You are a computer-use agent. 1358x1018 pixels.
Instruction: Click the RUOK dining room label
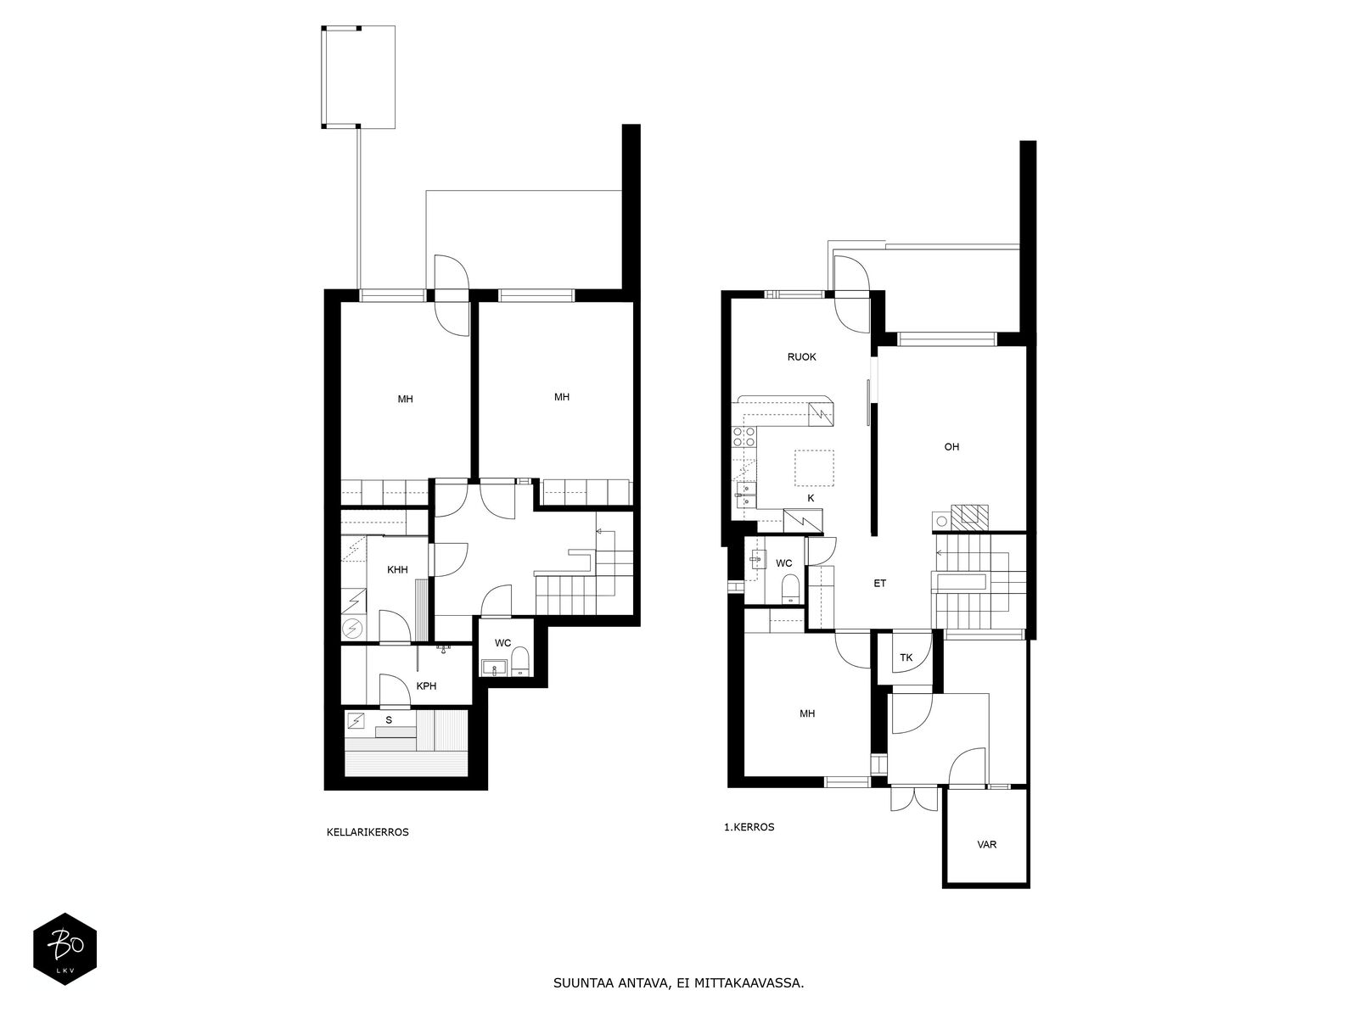coord(801,356)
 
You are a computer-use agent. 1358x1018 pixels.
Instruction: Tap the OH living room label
coord(951,447)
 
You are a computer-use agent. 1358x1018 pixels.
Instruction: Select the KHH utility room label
coord(397,570)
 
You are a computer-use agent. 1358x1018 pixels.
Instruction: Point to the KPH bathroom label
coord(426,686)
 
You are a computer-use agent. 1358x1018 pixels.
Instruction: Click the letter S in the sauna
coord(389,720)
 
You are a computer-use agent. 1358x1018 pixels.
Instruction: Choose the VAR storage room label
coord(986,844)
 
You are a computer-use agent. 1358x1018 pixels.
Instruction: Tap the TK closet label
coord(906,657)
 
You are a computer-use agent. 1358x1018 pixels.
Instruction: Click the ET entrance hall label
coord(879,583)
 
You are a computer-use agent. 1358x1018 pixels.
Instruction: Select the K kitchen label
coord(811,498)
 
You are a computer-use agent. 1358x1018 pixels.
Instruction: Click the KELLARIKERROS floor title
coord(368,832)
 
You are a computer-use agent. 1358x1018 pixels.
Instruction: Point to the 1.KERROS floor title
coord(749,827)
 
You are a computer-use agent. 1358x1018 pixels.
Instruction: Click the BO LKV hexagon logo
coord(65,948)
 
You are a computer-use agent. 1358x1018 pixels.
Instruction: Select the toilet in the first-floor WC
coord(790,589)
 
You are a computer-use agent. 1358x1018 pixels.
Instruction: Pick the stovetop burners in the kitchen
coord(743,437)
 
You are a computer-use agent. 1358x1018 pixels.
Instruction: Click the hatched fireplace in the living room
coord(969,517)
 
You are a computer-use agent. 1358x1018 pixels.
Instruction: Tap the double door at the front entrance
coord(914,799)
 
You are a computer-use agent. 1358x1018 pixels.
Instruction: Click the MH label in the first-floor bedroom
coord(807,714)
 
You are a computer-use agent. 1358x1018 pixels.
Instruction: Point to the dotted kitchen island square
coord(814,468)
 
